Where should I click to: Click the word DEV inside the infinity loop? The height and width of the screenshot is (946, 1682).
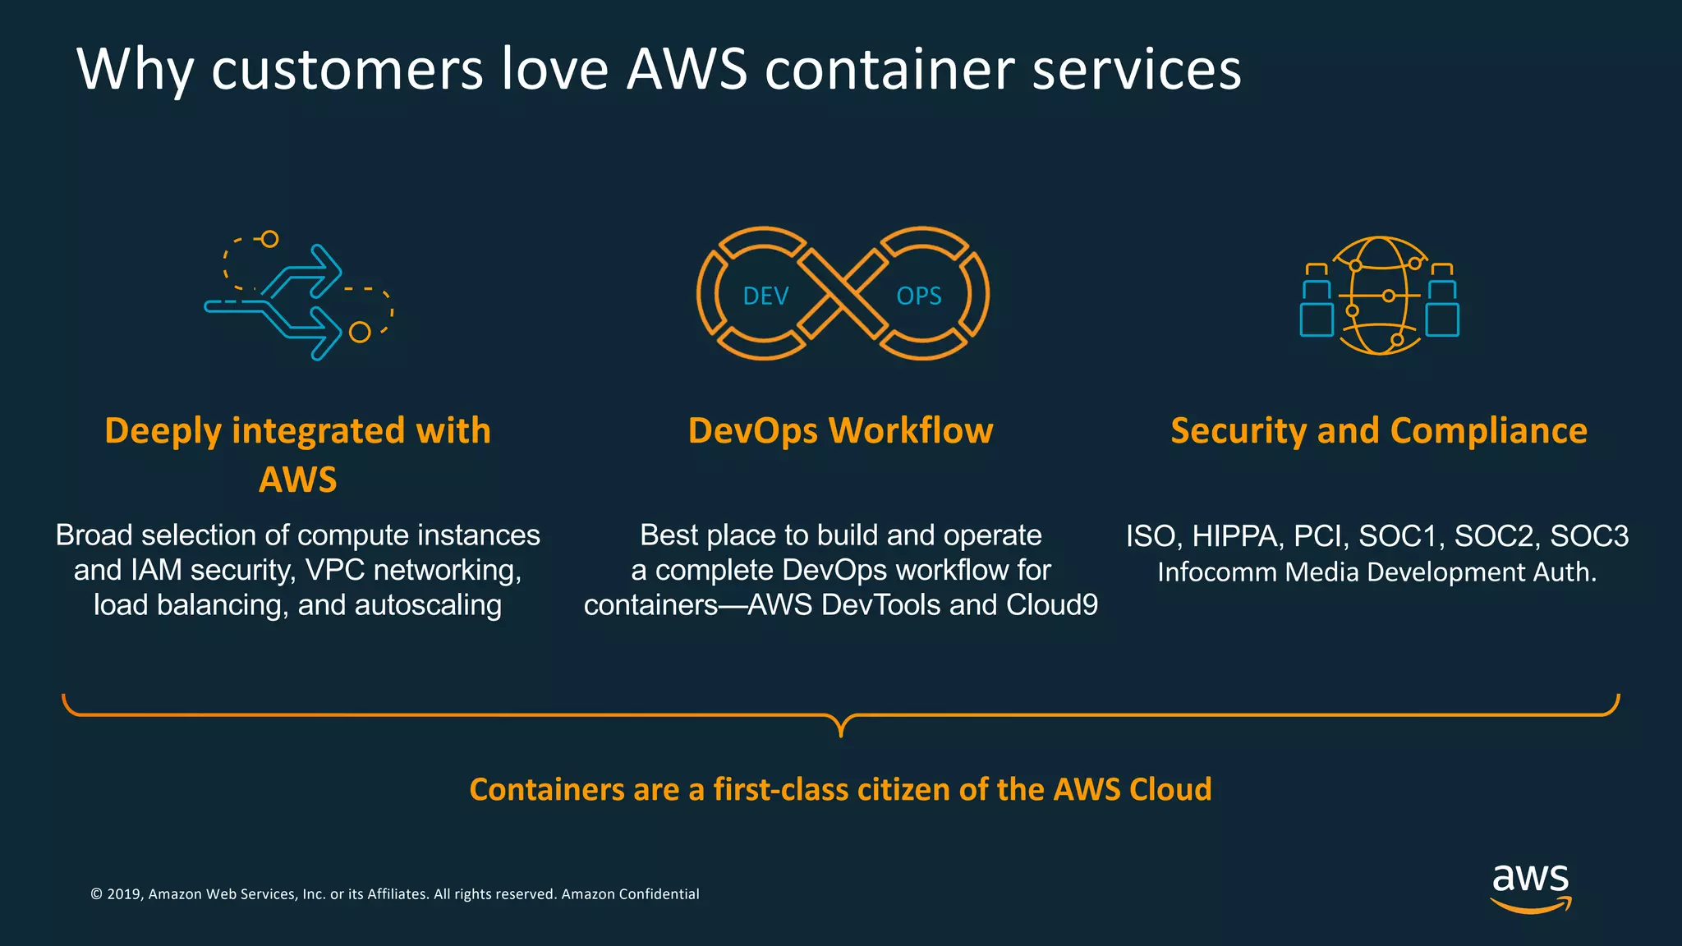(x=765, y=296)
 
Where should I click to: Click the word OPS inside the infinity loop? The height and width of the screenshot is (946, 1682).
(x=918, y=296)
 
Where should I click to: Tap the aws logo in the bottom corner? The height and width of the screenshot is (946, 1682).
(x=1530, y=887)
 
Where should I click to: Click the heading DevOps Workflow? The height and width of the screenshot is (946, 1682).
(x=840, y=431)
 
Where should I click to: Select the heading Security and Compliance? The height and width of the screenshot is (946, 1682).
(x=1378, y=431)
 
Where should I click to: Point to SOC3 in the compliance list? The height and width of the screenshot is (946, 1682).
(x=1588, y=536)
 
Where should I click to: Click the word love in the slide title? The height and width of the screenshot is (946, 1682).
(x=555, y=70)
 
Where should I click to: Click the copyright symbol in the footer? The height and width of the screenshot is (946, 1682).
(x=96, y=894)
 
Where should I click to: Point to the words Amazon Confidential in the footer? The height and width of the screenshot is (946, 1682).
(x=630, y=894)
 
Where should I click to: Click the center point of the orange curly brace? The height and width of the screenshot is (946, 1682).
(x=841, y=728)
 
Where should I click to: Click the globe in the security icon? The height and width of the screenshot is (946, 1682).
(x=1380, y=296)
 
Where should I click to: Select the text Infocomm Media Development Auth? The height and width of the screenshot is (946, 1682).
(x=1376, y=572)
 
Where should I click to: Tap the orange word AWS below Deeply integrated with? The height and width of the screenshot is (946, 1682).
(x=297, y=480)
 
